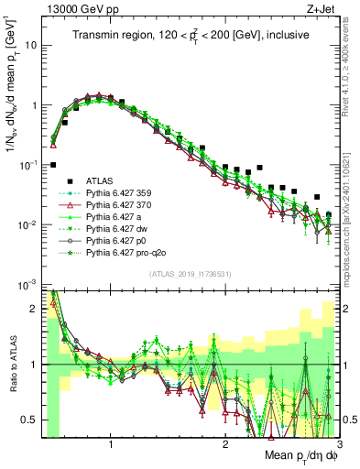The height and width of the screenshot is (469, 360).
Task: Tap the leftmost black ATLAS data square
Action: [x=53, y=165]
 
